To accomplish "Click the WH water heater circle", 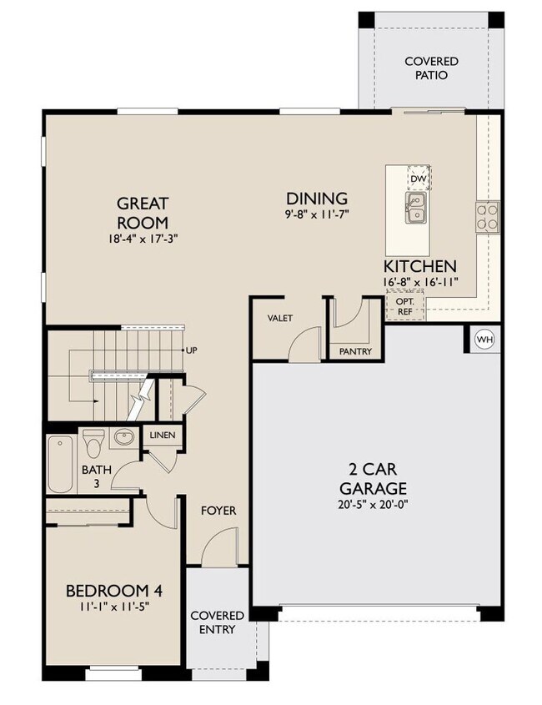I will (x=484, y=340).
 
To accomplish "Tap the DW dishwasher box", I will (x=417, y=179).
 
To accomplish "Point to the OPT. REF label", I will (x=405, y=306).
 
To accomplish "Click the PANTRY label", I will (x=355, y=351).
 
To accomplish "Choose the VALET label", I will (x=279, y=319).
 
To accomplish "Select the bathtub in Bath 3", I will (x=60, y=464).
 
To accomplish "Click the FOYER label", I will (x=218, y=510).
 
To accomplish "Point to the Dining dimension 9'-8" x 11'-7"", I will (x=317, y=214).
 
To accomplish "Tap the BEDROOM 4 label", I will (x=113, y=591).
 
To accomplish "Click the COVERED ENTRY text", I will (x=217, y=622).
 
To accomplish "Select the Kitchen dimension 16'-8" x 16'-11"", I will (x=419, y=282).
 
